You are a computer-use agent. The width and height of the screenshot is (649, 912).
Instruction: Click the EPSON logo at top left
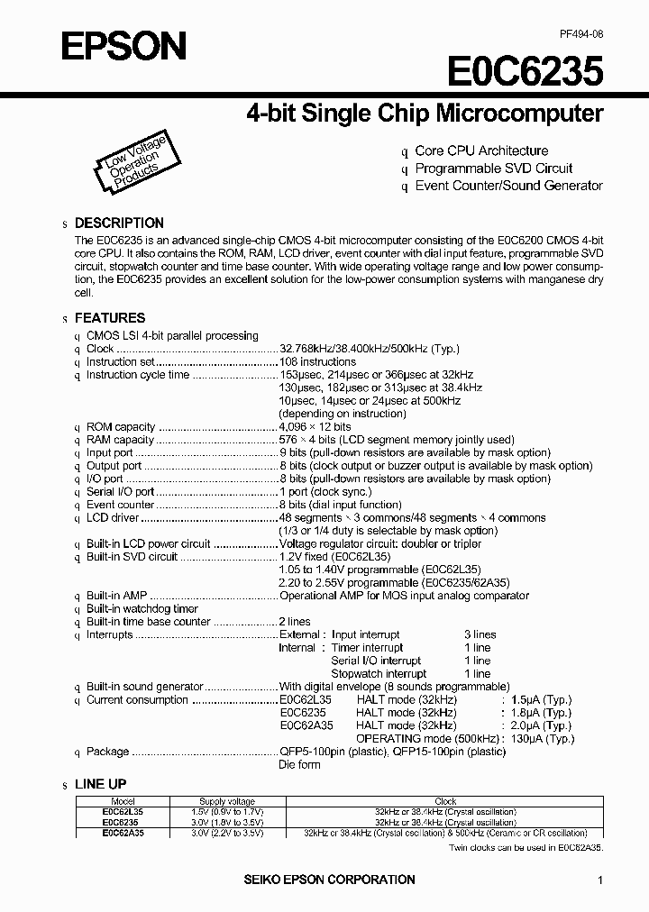point(124,44)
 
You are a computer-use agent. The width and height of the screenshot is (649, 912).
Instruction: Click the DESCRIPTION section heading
point(119,223)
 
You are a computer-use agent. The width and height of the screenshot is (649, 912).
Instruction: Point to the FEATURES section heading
point(109,318)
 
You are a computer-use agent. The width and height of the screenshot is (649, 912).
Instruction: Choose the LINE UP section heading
point(100,785)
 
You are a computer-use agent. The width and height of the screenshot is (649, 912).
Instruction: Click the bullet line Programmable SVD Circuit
point(493,169)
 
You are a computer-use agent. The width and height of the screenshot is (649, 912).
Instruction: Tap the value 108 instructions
point(317,361)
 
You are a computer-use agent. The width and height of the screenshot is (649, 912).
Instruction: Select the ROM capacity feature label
point(121,426)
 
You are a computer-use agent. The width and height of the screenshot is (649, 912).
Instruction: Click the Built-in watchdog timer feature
point(142,609)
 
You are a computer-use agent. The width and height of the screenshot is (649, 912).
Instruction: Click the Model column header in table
point(123,801)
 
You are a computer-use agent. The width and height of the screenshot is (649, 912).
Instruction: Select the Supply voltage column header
point(226,801)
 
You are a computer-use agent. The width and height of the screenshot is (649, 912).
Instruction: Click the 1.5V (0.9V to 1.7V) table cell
point(226,812)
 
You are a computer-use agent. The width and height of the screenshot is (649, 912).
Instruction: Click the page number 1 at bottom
point(600,880)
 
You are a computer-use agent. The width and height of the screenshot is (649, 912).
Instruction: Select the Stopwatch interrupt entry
point(379,673)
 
